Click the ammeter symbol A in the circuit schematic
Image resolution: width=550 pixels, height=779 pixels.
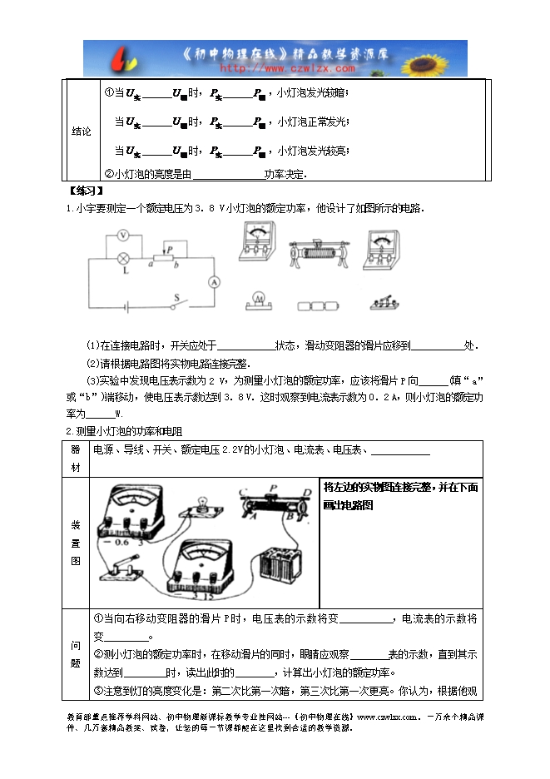click(x=213, y=282)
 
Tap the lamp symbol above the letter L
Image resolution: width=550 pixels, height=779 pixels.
click(x=124, y=258)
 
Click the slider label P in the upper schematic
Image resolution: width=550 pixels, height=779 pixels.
click(x=169, y=248)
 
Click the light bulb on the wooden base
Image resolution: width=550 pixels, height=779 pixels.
click(x=201, y=506)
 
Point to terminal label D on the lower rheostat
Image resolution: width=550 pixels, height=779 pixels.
click(x=309, y=492)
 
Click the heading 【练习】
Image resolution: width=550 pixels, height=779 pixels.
click(x=82, y=191)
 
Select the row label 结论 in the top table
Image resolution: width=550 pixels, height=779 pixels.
click(x=81, y=131)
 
